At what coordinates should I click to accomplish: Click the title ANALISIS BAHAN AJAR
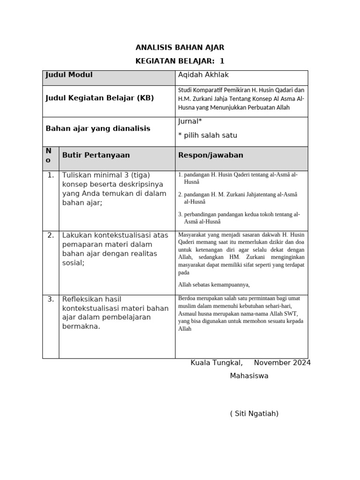(180, 47)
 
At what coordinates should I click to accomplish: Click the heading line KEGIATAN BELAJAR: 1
(180, 61)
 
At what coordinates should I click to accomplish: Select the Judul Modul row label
(69, 75)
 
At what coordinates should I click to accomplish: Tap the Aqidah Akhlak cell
(203, 75)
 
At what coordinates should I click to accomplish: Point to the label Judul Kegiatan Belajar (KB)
(99, 98)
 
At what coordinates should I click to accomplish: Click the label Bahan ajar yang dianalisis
(98, 128)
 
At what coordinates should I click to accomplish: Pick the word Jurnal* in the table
(190, 122)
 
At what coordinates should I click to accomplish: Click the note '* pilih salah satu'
(208, 135)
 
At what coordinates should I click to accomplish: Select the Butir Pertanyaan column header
(96, 155)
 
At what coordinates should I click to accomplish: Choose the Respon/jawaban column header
(210, 155)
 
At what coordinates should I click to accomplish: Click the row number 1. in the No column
(51, 175)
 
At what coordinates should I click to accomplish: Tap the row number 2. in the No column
(51, 235)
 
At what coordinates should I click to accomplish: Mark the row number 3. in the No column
(51, 299)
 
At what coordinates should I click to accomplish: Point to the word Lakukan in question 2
(77, 235)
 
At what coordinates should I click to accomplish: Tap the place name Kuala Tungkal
(217, 363)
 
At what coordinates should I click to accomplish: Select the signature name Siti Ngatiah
(255, 413)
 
